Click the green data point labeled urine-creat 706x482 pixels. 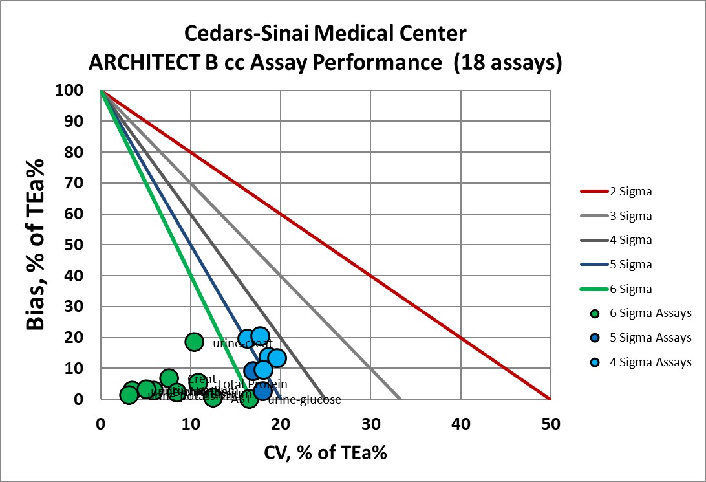194,342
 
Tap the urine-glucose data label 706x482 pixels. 304,400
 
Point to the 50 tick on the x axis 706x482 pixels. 550,424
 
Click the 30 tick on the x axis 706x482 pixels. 370,424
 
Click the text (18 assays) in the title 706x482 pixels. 508,63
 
